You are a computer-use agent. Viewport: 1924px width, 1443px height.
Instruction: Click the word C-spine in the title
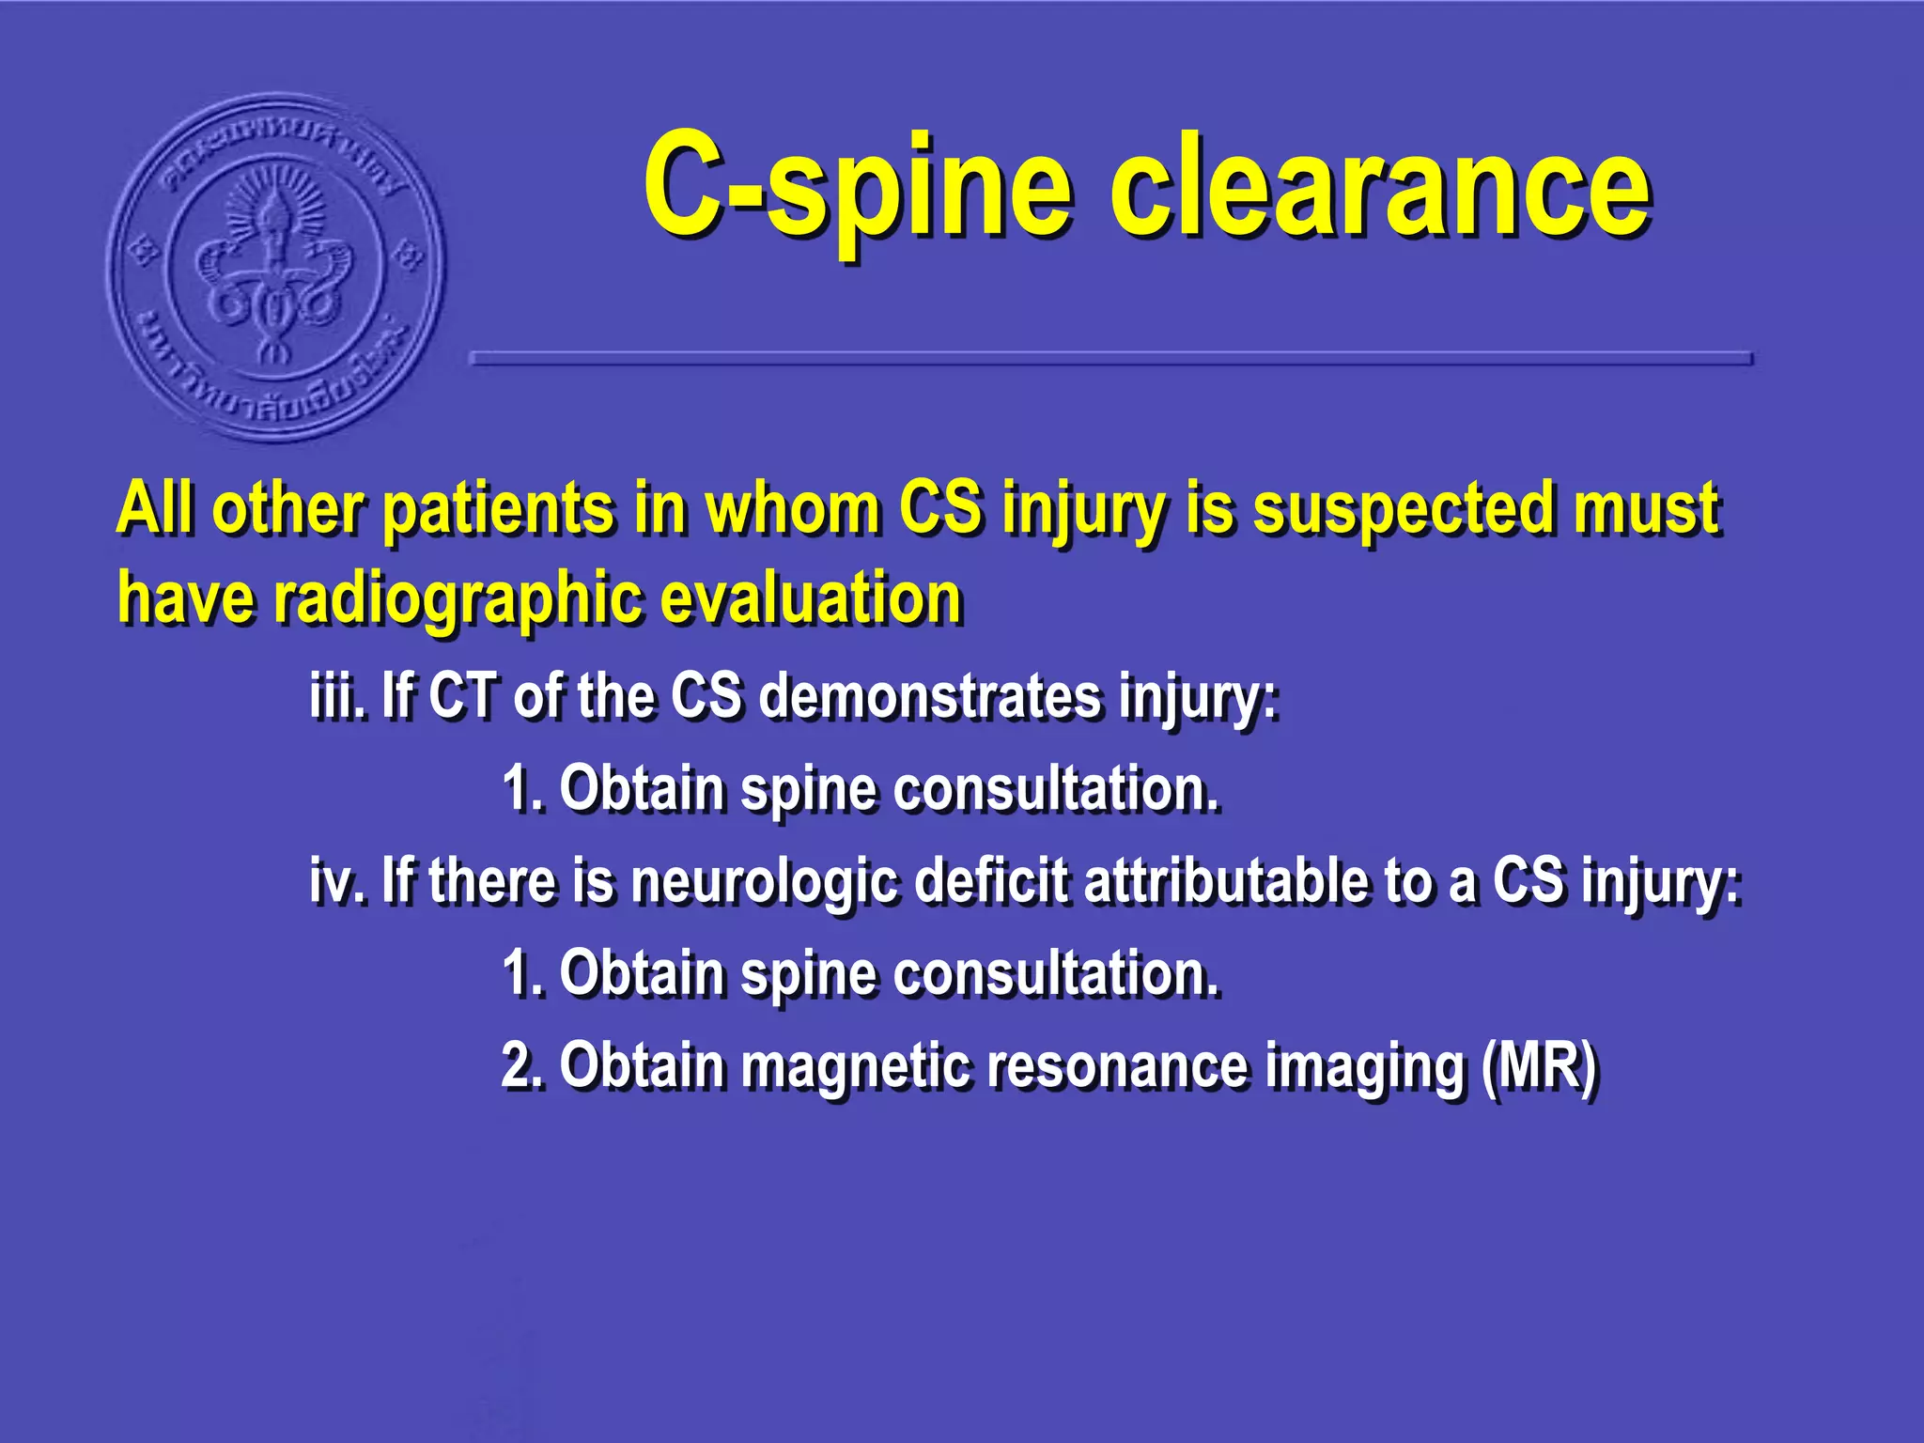pos(857,188)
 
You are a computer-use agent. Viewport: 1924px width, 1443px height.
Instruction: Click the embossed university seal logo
pos(276,268)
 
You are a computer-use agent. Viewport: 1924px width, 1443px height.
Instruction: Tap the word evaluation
pos(812,598)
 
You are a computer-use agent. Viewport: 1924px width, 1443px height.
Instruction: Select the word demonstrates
pos(928,697)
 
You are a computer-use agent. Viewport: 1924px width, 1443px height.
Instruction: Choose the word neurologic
pos(765,883)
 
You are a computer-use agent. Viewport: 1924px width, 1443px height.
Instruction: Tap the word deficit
pos(990,881)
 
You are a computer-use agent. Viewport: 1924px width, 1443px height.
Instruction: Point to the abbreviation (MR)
pos(1538,1067)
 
